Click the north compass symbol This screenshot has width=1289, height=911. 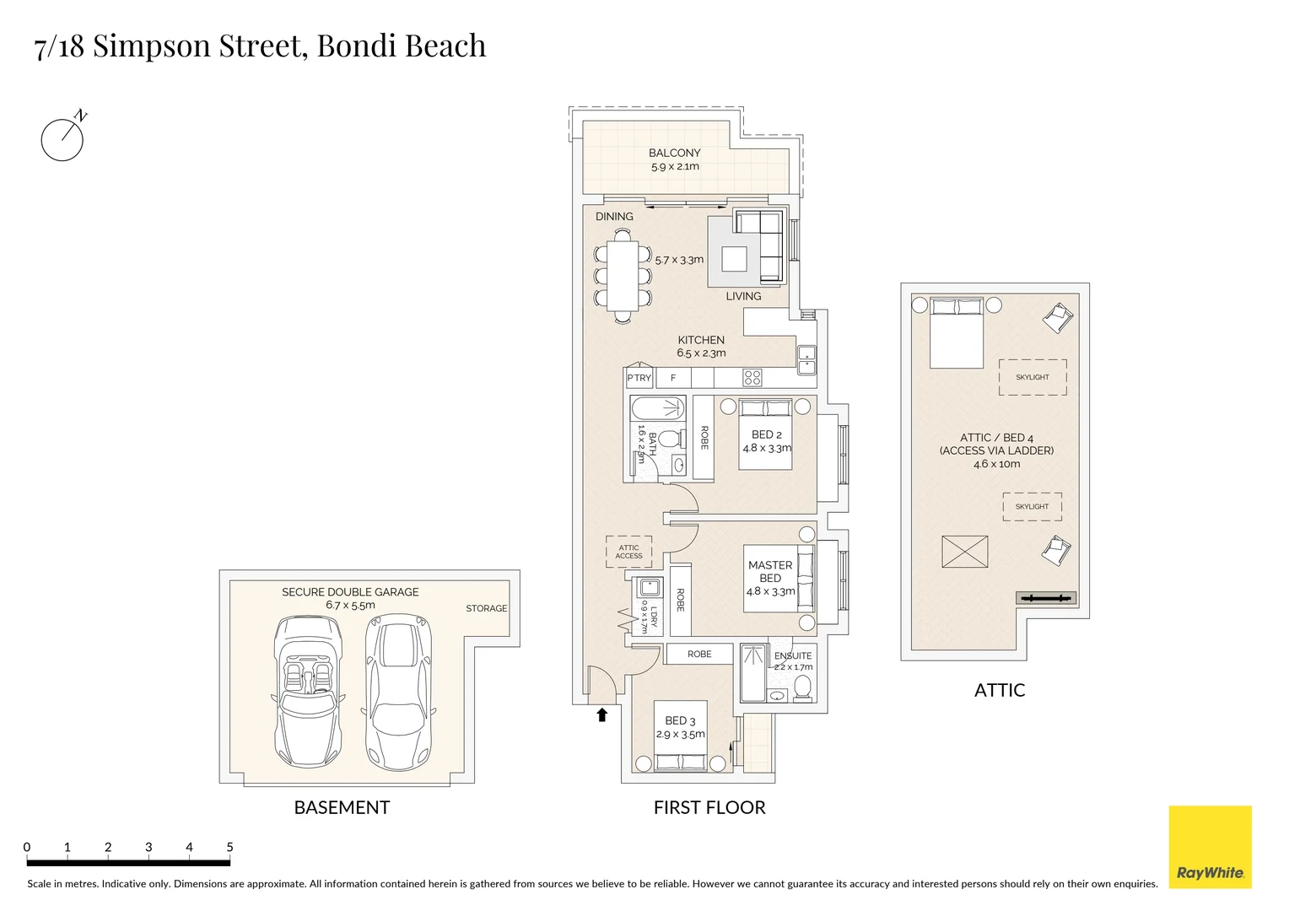(x=62, y=138)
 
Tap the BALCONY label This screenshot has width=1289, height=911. (x=674, y=153)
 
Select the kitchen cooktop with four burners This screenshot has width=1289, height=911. (x=752, y=377)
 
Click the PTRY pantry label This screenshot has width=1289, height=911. (x=639, y=378)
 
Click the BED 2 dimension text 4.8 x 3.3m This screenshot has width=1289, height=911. (x=767, y=448)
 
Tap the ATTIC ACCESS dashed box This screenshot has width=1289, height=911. (x=628, y=552)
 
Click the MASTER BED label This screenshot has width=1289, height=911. (x=769, y=571)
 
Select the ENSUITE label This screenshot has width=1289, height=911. (x=793, y=655)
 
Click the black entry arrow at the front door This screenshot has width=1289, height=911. (x=601, y=715)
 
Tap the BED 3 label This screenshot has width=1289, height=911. (x=680, y=720)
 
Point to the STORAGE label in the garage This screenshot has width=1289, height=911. (x=487, y=608)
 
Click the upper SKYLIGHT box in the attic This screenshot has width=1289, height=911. (x=1033, y=377)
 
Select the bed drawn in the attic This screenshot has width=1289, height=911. (x=957, y=332)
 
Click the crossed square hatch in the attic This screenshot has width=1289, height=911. (x=965, y=552)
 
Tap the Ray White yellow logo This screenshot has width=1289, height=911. (x=1210, y=847)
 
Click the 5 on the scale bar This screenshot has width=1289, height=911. (x=229, y=847)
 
